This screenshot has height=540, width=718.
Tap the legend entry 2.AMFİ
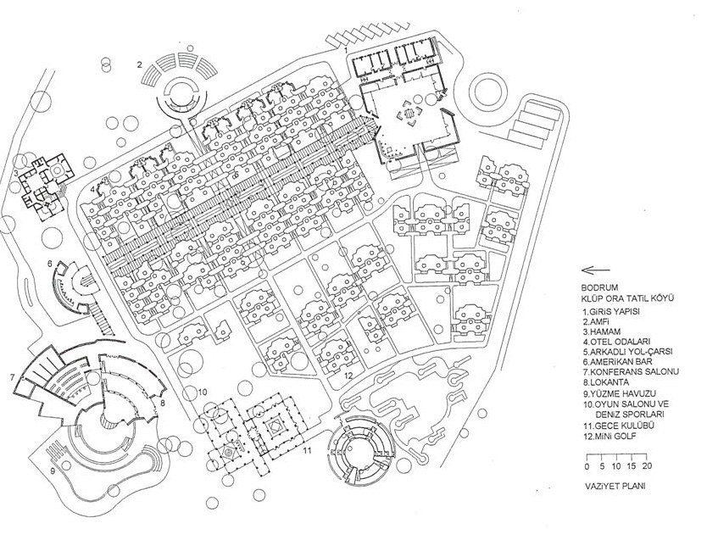point(598,322)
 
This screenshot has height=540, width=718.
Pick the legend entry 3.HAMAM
point(603,333)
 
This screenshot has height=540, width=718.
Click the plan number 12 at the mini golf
point(348,375)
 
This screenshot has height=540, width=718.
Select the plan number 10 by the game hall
point(202,392)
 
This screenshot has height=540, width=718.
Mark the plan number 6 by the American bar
point(50,264)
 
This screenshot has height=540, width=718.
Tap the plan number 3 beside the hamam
point(16,173)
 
